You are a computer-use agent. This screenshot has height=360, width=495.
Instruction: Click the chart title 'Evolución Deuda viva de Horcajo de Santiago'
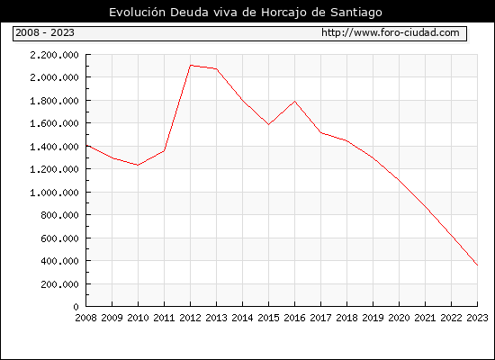246,13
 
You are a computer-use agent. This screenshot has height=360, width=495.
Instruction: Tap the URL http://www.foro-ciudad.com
391,32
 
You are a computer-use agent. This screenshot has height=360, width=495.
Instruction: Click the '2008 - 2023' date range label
45,32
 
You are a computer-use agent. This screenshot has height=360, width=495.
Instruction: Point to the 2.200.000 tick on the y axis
54,55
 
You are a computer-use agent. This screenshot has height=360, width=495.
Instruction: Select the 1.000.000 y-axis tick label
54,193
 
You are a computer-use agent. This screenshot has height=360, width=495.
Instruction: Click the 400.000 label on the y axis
59,261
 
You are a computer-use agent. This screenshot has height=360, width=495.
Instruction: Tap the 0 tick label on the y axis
76,307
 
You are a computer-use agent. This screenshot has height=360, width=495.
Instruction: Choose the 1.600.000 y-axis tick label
54,123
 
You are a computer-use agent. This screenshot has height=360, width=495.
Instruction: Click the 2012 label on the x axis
190,318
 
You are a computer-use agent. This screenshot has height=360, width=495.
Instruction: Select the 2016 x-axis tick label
294,318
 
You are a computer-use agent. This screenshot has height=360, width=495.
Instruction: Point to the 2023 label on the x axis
477,318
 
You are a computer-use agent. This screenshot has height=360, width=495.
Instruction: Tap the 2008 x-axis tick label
85,318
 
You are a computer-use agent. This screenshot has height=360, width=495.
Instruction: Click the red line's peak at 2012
191,66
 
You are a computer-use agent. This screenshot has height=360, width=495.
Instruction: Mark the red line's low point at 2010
138,165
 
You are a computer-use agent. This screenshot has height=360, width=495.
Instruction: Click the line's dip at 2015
269,124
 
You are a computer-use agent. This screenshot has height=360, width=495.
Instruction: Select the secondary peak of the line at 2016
295,102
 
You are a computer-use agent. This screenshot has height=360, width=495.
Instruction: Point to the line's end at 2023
477,265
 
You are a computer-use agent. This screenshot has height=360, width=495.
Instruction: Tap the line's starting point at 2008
86,146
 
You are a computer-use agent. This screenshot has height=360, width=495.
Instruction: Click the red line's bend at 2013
217,68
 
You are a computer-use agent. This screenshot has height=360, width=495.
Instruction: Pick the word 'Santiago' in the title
356,13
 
